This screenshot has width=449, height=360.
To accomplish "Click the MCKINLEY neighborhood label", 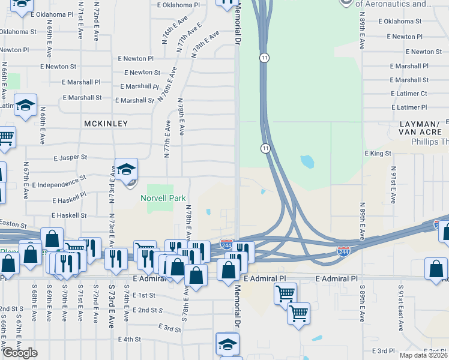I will [x=106, y=123].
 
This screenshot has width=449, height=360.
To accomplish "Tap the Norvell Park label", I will [x=163, y=199].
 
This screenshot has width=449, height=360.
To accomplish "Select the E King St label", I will [x=378, y=154].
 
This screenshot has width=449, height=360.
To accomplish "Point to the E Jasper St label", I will [x=70, y=157].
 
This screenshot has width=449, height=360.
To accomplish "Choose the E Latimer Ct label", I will [x=408, y=94].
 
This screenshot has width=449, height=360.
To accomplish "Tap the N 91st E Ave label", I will [x=394, y=184].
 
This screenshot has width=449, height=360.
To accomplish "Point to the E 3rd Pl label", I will [x=382, y=350].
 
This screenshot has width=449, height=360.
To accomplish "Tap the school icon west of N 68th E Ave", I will [x=26, y=106].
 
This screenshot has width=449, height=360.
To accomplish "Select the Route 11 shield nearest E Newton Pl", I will [x=264, y=58].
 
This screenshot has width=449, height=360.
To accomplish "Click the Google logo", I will [x=20, y=353].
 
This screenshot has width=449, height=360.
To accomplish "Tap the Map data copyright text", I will [x=424, y=355].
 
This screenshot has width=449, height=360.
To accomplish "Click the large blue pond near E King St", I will [x=307, y=161].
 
